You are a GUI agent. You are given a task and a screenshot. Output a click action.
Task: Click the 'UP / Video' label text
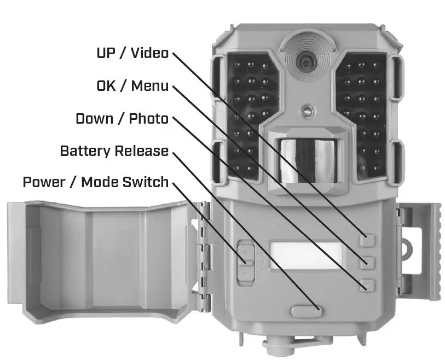[x=132, y=54]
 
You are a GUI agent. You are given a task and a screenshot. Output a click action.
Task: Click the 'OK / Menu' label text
[x=132, y=86]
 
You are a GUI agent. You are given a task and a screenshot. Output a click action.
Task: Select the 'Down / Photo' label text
[x=122, y=119]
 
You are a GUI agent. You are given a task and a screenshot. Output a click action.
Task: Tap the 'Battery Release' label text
[x=114, y=151]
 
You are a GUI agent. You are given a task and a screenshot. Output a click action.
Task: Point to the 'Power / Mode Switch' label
[x=95, y=182]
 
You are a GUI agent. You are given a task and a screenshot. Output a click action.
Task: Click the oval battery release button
[x=305, y=310]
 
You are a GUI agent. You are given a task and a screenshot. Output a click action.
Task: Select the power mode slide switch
[x=244, y=262]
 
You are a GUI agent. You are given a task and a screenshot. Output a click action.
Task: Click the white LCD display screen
[x=305, y=256]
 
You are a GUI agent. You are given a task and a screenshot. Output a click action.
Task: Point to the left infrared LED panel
[x=249, y=115]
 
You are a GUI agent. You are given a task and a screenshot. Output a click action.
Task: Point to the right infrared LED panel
[x=362, y=115]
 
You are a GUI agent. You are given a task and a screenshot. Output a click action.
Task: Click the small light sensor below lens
[x=307, y=112]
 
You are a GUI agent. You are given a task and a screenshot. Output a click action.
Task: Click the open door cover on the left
[x=104, y=260]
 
